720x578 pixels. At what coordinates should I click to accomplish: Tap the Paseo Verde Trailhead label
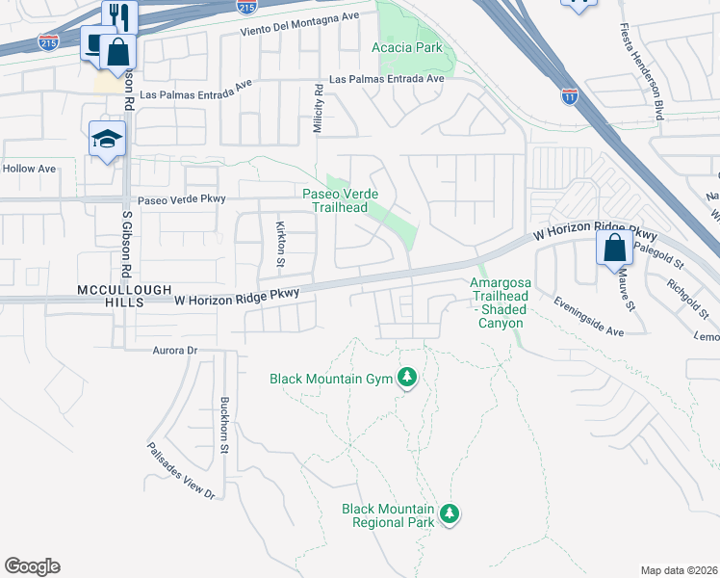(x=341, y=200)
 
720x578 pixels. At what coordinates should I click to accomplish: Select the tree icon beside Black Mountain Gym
(x=407, y=377)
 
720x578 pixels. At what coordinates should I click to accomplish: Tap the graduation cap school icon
(x=107, y=140)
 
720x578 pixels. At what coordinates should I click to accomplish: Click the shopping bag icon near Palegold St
(x=614, y=249)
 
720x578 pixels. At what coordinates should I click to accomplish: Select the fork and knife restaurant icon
(x=120, y=15)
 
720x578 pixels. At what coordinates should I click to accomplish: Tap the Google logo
(x=32, y=566)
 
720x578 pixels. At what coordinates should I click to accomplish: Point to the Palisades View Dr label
(x=181, y=471)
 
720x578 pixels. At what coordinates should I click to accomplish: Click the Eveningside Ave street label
(x=589, y=316)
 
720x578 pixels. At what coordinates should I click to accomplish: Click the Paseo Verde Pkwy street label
(x=181, y=200)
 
